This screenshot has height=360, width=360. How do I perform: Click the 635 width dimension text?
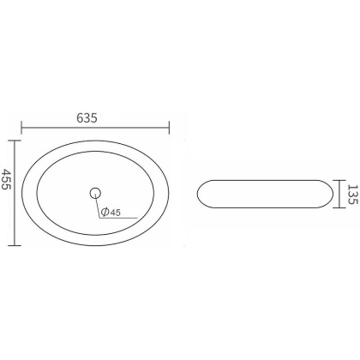click(x=97, y=118)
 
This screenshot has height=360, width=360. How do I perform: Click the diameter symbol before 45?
click(x=104, y=212)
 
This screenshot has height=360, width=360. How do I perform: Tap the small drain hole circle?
click(x=95, y=191)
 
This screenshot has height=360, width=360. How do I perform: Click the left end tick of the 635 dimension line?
click(x=22, y=129)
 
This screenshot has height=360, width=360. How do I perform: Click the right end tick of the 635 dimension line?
click(x=171, y=129)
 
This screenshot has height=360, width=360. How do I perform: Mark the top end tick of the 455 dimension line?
click(x=18, y=140)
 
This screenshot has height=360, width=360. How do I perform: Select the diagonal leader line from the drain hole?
click(x=97, y=206)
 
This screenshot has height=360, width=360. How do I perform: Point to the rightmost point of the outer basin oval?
click(x=170, y=191)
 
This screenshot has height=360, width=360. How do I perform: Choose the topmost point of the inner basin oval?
click(x=96, y=153)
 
